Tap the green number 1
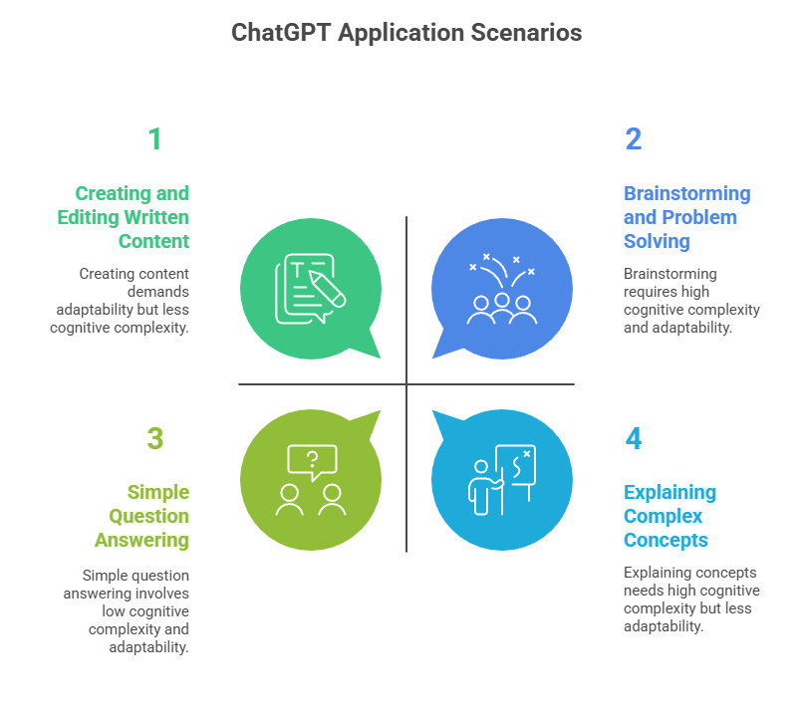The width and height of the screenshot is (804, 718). (154, 139)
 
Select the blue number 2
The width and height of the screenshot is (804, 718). (633, 139)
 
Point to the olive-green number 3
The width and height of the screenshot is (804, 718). (154, 438)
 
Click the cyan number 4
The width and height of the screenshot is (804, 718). (634, 438)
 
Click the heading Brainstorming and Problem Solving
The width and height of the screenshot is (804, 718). (686, 217)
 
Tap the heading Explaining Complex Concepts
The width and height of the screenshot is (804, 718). (670, 516)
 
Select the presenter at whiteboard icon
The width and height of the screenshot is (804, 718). (502, 480)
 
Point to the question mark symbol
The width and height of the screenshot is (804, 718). (312, 459)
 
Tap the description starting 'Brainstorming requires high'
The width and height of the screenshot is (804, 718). (691, 301)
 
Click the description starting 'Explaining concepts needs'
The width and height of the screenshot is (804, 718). (691, 599)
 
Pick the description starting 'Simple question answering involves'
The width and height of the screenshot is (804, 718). (135, 610)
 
